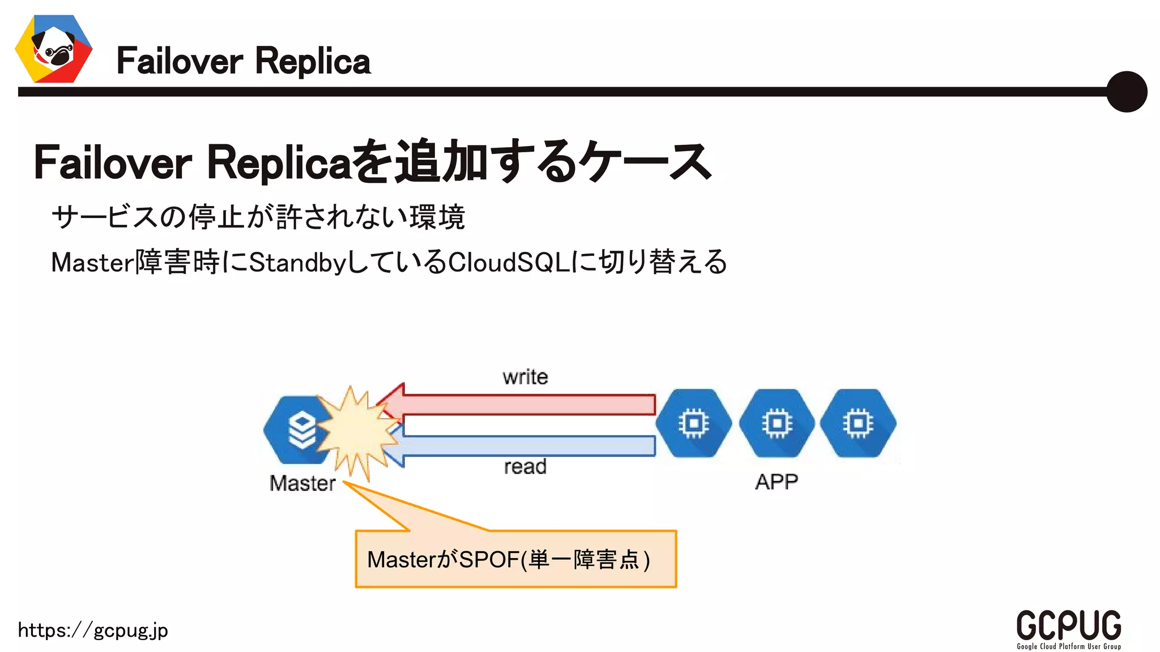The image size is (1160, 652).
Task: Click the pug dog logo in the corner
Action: (x=54, y=49)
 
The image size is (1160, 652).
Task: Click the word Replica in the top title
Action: (x=313, y=61)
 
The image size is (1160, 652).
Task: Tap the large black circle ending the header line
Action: (x=1126, y=92)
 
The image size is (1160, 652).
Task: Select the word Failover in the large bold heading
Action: (x=113, y=163)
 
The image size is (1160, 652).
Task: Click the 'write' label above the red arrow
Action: (x=525, y=377)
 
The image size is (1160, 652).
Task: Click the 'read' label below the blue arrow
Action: (x=525, y=467)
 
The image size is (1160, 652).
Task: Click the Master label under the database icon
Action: (x=302, y=483)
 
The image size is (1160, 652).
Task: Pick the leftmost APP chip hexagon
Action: (x=694, y=423)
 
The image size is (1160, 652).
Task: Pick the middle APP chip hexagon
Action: (x=777, y=423)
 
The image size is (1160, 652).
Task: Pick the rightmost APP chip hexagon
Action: (x=858, y=423)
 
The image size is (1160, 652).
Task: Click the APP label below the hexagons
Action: (x=777, y=482)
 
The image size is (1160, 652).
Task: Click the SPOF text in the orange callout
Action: (x=489, y=560)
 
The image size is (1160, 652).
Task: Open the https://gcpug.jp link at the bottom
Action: (x=93, y=630)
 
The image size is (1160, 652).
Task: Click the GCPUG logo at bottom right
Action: (x=1068, y=628)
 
